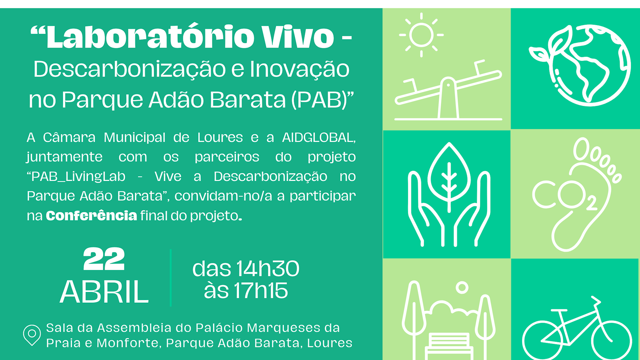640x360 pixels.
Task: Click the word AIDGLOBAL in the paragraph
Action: (318, 137)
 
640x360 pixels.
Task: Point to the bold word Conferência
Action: (91, 216)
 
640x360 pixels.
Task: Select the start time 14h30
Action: (268, 269)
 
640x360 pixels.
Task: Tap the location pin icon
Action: (32, 334)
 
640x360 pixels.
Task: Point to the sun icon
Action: (421, 35)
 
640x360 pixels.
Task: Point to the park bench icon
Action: (449, 345)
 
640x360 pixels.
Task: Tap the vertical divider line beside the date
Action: (171, 277)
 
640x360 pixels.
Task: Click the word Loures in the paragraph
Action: (220, 137)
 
